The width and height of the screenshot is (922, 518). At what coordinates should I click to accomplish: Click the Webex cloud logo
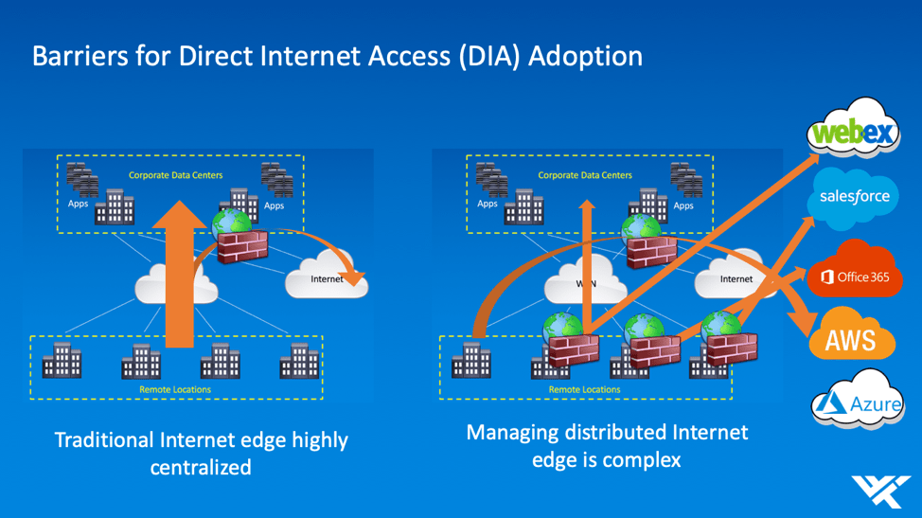click(854, 131)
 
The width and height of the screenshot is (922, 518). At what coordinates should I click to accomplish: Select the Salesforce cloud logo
click(854, 196)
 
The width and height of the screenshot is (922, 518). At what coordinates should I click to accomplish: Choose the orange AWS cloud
click(851, 338)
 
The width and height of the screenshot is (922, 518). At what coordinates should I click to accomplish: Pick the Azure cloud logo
click(858, 404)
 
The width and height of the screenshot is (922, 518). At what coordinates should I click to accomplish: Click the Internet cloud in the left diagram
click(326, 278)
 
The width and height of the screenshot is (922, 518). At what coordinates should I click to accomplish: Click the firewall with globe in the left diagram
click(239, 237)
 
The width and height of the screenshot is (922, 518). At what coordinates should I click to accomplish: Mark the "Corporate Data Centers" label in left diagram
click(174, 175)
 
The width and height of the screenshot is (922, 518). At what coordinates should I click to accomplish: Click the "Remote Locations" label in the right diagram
click(584, 389)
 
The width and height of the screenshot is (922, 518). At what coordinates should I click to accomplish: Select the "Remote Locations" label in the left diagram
click(175, 389)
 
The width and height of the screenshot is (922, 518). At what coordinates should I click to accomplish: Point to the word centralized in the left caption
click(201, 467)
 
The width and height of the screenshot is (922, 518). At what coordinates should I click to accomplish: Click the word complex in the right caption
click(647, 460)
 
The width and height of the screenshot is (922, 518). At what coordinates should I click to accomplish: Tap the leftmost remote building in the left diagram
click(62, 361)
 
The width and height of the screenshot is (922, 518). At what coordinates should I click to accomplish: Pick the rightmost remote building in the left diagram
click(299, 361)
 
